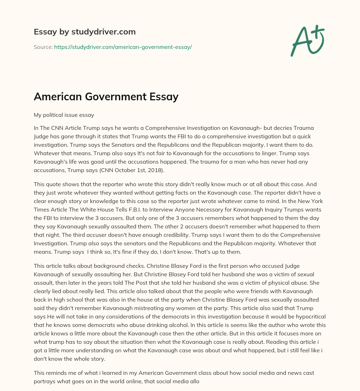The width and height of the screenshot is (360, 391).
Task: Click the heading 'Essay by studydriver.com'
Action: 84,32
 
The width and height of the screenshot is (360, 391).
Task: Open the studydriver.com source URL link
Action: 123,47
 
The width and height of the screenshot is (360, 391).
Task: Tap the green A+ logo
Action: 307,40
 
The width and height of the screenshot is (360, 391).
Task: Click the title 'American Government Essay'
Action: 106,96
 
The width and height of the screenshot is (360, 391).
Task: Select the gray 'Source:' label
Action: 43,47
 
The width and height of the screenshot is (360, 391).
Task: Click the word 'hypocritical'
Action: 310,316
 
